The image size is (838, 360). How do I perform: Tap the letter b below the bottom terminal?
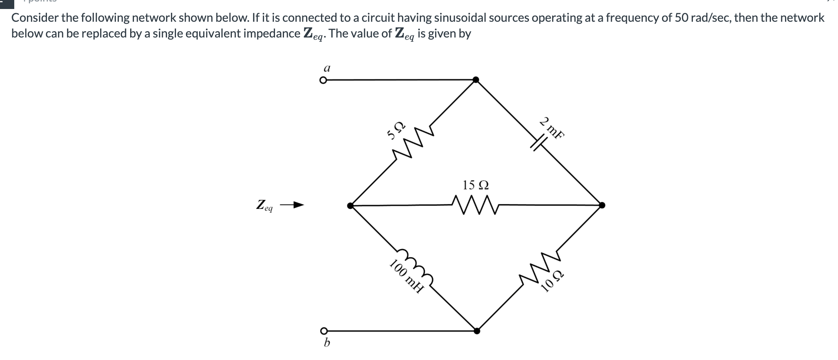[327, 343]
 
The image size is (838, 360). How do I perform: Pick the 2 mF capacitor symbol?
[538, 142]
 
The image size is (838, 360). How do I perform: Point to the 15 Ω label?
[475, 185]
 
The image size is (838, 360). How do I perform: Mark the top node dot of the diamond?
[476, 79]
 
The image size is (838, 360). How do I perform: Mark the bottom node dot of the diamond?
[476, 331]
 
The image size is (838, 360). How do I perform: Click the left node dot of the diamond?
[350, 205]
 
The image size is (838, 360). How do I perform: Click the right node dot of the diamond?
[602, 205]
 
